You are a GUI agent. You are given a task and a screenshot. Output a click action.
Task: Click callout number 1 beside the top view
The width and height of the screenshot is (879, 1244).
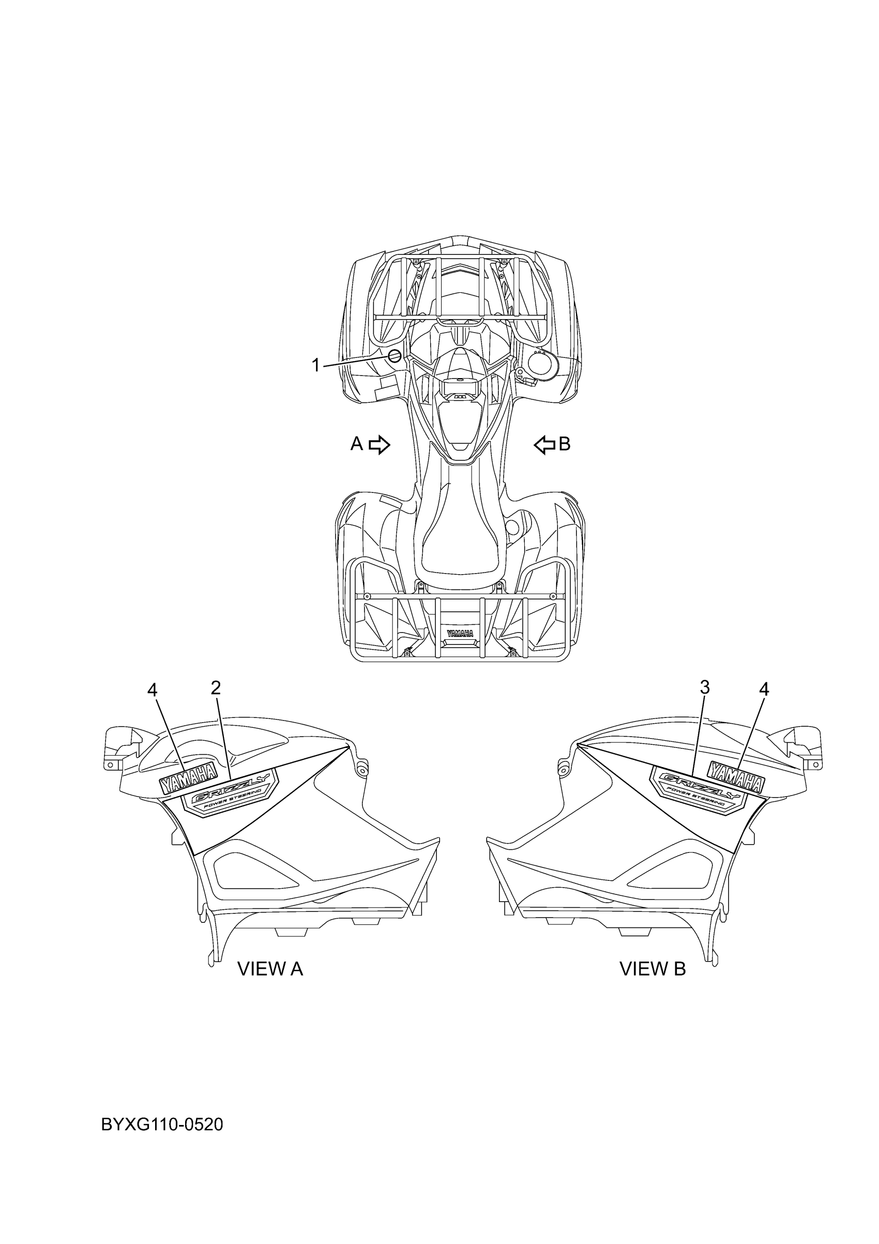point(316,365)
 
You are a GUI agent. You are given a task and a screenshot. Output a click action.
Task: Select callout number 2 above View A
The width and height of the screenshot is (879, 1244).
point(216,688)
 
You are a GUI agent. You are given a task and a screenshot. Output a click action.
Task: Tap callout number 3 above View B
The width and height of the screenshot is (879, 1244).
point(704,687)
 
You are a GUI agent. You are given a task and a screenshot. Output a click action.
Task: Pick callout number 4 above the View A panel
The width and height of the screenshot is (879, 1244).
point(152,690)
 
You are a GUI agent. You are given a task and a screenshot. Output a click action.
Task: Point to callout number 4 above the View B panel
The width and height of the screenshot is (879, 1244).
point(764,689)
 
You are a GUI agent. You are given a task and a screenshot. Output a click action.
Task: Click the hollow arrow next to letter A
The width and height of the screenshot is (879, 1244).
point(380,445)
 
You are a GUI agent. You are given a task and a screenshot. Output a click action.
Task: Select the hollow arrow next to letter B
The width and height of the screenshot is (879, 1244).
point(544,445)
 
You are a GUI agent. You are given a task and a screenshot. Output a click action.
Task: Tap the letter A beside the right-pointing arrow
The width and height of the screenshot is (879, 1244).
point(356,444)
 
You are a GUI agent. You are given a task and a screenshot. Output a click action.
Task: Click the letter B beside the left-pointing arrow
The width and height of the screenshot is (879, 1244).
point(564,444)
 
